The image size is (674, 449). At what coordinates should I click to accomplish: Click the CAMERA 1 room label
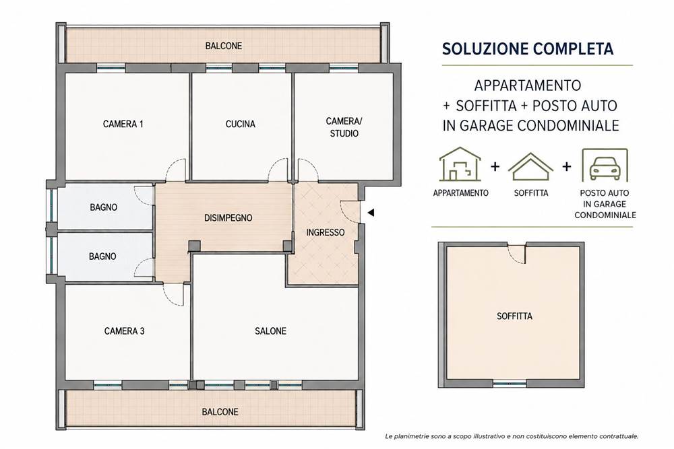pyautogui.click(x=123, y=124)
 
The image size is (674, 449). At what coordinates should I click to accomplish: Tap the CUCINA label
pyautogui.click(x=241, y=124)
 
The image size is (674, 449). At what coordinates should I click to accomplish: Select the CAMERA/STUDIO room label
pyautogui.click(x=344, y=127)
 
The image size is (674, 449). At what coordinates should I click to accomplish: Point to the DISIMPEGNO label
pyautogui.click(x=228, y=218)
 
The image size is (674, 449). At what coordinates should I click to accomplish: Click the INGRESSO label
pyautogui.click(x=326, y=233)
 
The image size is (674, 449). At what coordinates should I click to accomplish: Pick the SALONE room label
pyautogui.click(x=270, y=331)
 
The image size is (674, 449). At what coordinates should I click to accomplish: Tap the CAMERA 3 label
pyautogui.click(x=124, y=331)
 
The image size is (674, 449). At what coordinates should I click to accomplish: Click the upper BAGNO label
pyautogui.click(x=104, y=207)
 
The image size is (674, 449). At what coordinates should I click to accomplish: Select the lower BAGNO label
pyautogui.click(x=102, y=256)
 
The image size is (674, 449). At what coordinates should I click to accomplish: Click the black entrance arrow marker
pyautogui.click(x=371, y=213)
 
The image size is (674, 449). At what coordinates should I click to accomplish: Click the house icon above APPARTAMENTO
pyautogui.click(x=460, y=164)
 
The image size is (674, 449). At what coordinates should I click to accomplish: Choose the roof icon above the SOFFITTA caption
pyautogui.click(x=531, y=168)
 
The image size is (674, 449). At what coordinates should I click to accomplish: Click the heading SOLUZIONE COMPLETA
pyautogui.click(x=528, y=49)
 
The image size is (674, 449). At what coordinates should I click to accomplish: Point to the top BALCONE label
pyautogui.click(x=224, y=46)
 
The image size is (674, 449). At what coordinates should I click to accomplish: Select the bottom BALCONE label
pyautogui.click(x=220, y=412)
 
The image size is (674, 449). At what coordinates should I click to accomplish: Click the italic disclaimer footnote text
pyautogui.click(x=512, y=437)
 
